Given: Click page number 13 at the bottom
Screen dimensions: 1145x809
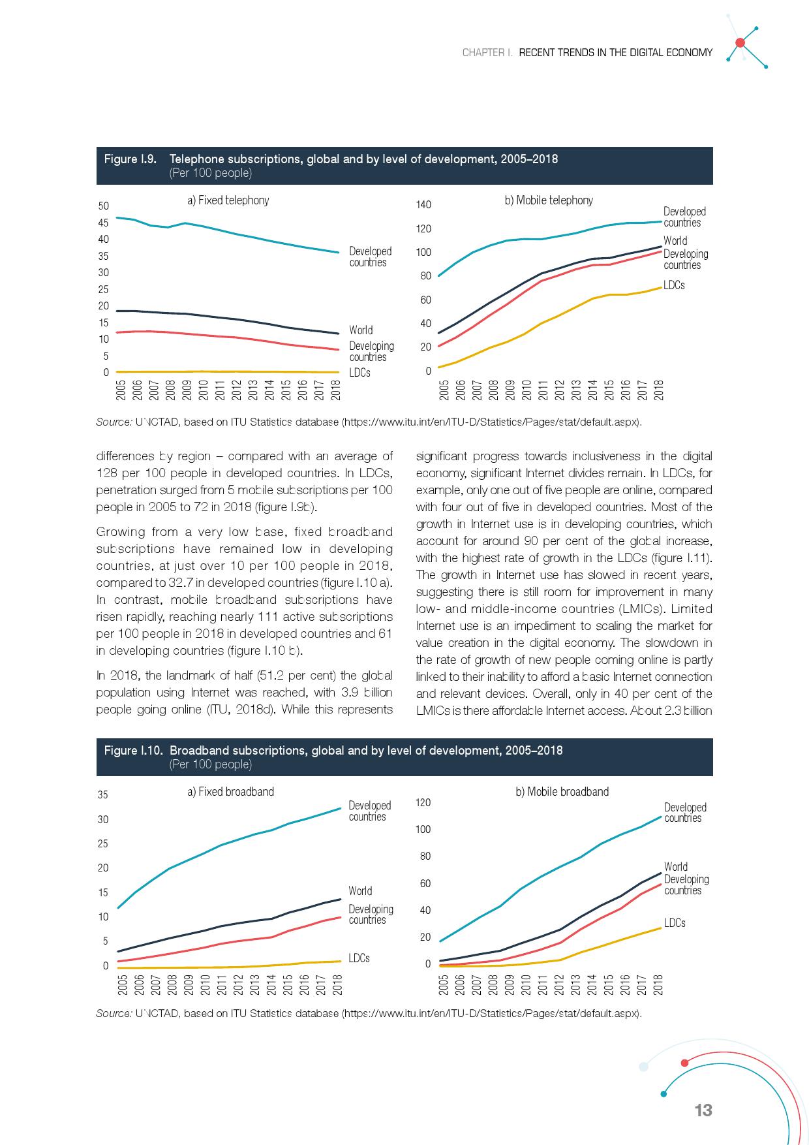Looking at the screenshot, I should [x=703, y=1110].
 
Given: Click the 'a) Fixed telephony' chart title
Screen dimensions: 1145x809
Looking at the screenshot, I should [x=228, y=200].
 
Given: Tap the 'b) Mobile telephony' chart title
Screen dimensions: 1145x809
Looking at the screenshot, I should [x=549, y=200].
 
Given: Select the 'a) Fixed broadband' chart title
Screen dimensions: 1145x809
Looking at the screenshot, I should [x=230, y=792].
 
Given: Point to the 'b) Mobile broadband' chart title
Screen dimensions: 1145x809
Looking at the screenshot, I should [x=562, y=792].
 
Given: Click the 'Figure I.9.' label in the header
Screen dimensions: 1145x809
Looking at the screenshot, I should [x=130, y=159].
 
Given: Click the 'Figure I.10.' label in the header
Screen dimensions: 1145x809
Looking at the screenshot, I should [x=133, y=751].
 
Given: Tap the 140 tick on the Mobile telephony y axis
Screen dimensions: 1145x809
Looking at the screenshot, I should [x=423, y=205].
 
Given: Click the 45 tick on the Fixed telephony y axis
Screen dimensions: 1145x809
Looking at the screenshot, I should [x=103, y=223].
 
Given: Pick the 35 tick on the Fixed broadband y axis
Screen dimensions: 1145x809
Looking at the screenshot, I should [x=103, y=795].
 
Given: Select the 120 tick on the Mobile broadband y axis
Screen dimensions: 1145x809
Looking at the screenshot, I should [x=423, y=802].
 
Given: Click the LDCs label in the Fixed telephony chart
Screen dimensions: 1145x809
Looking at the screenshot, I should [x=359, y=373].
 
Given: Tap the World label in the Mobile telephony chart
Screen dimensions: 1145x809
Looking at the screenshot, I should [x=675, y=241].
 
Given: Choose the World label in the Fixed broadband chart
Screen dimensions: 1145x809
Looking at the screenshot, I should [x=360, y=891].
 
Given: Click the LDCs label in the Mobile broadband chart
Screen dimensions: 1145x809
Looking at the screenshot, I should [x=675, y=923].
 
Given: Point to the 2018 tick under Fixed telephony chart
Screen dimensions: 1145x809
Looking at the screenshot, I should [x=335, y=390].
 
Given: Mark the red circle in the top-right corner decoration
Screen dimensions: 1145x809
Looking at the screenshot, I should [x=740, y=43].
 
